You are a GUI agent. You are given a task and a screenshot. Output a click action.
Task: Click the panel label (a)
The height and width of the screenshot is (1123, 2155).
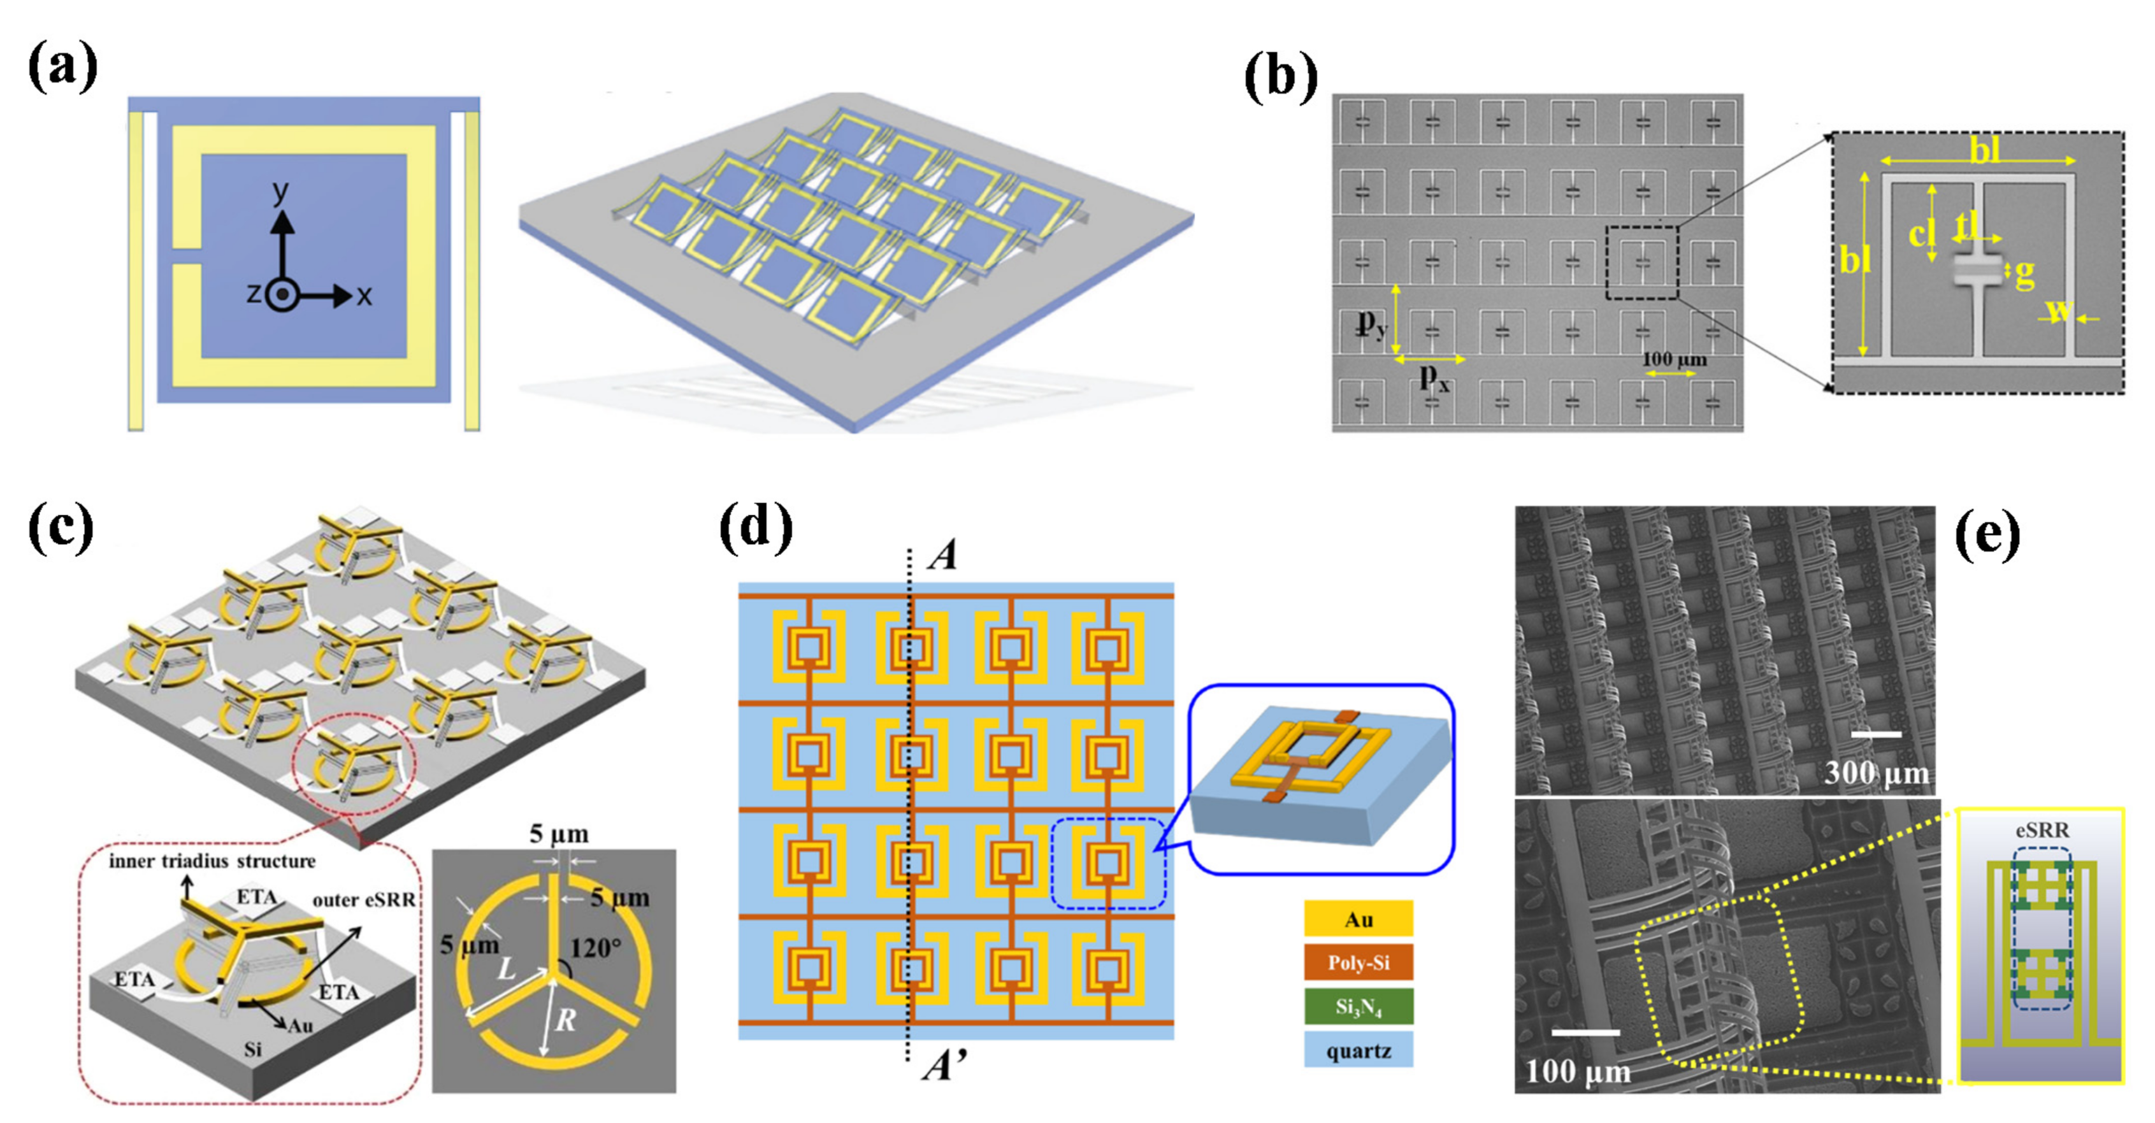tap(62, 66)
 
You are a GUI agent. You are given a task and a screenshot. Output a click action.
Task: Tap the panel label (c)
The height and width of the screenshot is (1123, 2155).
tap(61, 529)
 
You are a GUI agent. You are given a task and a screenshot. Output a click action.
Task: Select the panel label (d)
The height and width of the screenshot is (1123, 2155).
tap(756, 529)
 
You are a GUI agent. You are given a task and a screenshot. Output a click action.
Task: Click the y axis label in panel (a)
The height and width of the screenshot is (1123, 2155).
tap(281, 192)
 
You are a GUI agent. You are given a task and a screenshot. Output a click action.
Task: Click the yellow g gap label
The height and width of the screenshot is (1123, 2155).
tap(2024, 273)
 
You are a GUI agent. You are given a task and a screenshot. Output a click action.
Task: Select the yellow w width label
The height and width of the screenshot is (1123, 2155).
tap(2058, 310)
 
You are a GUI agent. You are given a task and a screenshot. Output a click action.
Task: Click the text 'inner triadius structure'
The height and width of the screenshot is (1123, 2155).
tap(212, 861)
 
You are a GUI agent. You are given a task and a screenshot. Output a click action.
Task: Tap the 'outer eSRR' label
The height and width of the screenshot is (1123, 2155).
tap(364, 900)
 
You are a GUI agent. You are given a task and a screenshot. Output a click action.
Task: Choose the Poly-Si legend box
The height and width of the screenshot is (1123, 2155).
tap(1358, 962)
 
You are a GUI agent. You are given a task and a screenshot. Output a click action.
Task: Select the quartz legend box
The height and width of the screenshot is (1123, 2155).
tap(1358, 1050)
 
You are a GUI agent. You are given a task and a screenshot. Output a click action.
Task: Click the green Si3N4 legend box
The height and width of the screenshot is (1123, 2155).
tap(1358, 1007)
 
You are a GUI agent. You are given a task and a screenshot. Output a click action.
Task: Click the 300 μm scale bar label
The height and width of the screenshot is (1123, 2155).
tap(1877, 773)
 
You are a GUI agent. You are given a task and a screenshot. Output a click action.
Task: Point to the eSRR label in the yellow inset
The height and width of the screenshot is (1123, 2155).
tap(2042, 831)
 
